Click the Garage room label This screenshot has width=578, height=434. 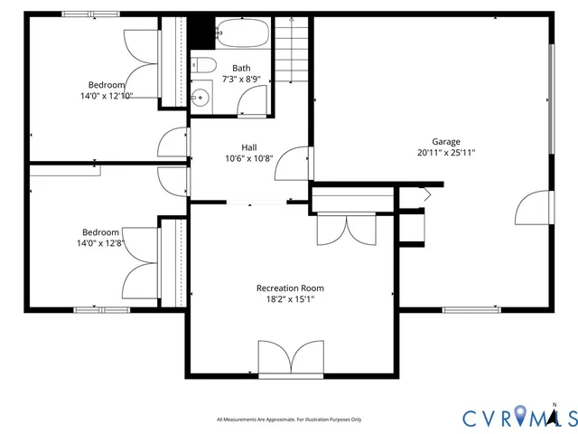pyautogui.click(x=445, y=141)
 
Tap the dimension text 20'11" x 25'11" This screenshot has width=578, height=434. pyautogui.click(x=445, y=153)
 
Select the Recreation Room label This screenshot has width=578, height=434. pyautogui.click(x=290, y=288)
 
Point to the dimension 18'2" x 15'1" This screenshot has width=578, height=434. pyautogui.click(x=290, y=299)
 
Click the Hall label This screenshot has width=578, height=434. pyautogui.click(x=248, y=146)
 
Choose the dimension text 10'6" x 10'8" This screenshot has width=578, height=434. pyautogui.click(x=248, y=158)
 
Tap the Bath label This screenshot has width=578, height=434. pyautogui.click(x=241, y=68)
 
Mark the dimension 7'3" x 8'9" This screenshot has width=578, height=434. pyautogui.click(x=241, y=80)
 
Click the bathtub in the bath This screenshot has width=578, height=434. pyautogui.click(x=242, y=34)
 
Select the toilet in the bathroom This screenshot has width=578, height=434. pyautogui.click(x=201, y=65)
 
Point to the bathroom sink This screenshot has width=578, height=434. pyautogui.click(x=200, y=97)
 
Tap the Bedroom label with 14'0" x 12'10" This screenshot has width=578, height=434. pyautogui.click(x=107, y=84)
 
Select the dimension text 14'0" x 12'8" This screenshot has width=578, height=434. pyautogui.click(x=100, y=242)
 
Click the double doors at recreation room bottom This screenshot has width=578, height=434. pyautogui.click(x=291, y=358)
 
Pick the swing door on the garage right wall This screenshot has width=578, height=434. pyautogui.click(x=531, y=209)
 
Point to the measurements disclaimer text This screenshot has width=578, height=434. pyautogui.click(x=289, y=420)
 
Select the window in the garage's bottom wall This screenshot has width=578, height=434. pyautogui.click(x=471, y=309)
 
